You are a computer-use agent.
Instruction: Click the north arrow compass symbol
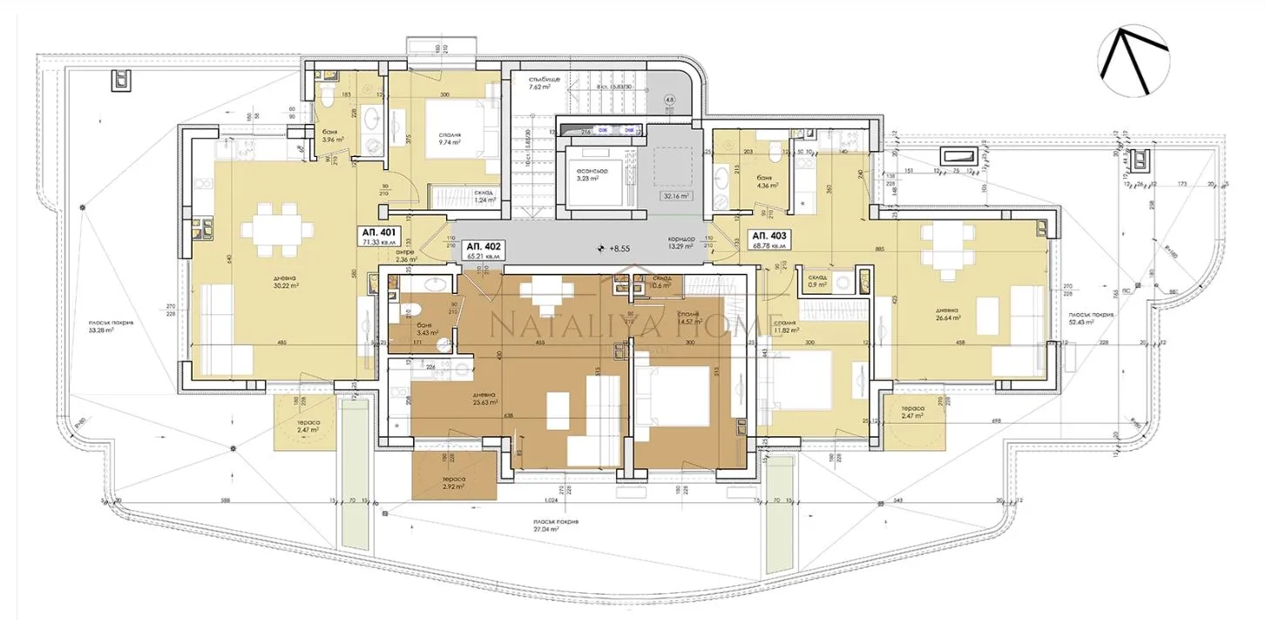coord(1133,61)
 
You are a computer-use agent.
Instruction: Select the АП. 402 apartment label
coord(484,247)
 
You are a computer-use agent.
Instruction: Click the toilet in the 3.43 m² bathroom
coord(415,309)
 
